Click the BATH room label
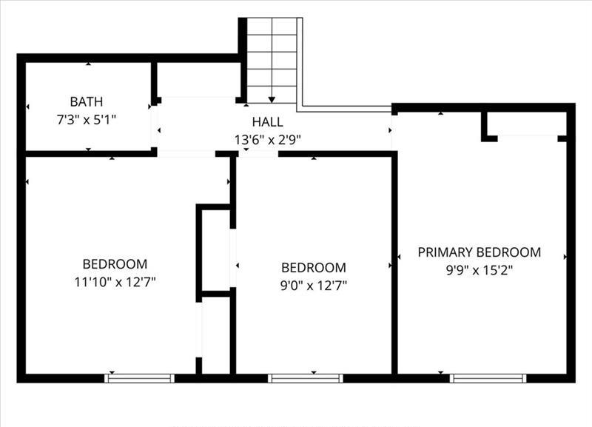[x=87, y=101]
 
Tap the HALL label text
[x=268, y=122]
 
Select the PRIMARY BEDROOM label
[x=479, y=252]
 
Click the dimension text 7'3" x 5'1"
[x=87, y=120]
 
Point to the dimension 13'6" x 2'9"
[x=268, y=140]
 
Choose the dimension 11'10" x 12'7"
[x=115, y=282]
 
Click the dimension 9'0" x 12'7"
[x=313, y=286]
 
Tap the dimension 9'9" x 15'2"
[x=479, y=270]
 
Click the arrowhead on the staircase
[x=272, y=100]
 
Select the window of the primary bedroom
[x=488, y=378]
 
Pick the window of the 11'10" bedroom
[x=139, y=378]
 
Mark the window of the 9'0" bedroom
[x=306, y=378]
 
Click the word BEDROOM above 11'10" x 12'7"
[x=115, y=264]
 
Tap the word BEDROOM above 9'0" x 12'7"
[x=313, y=268]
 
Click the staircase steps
[x=272, y=61]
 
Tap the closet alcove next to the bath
[x=198, y=79]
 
